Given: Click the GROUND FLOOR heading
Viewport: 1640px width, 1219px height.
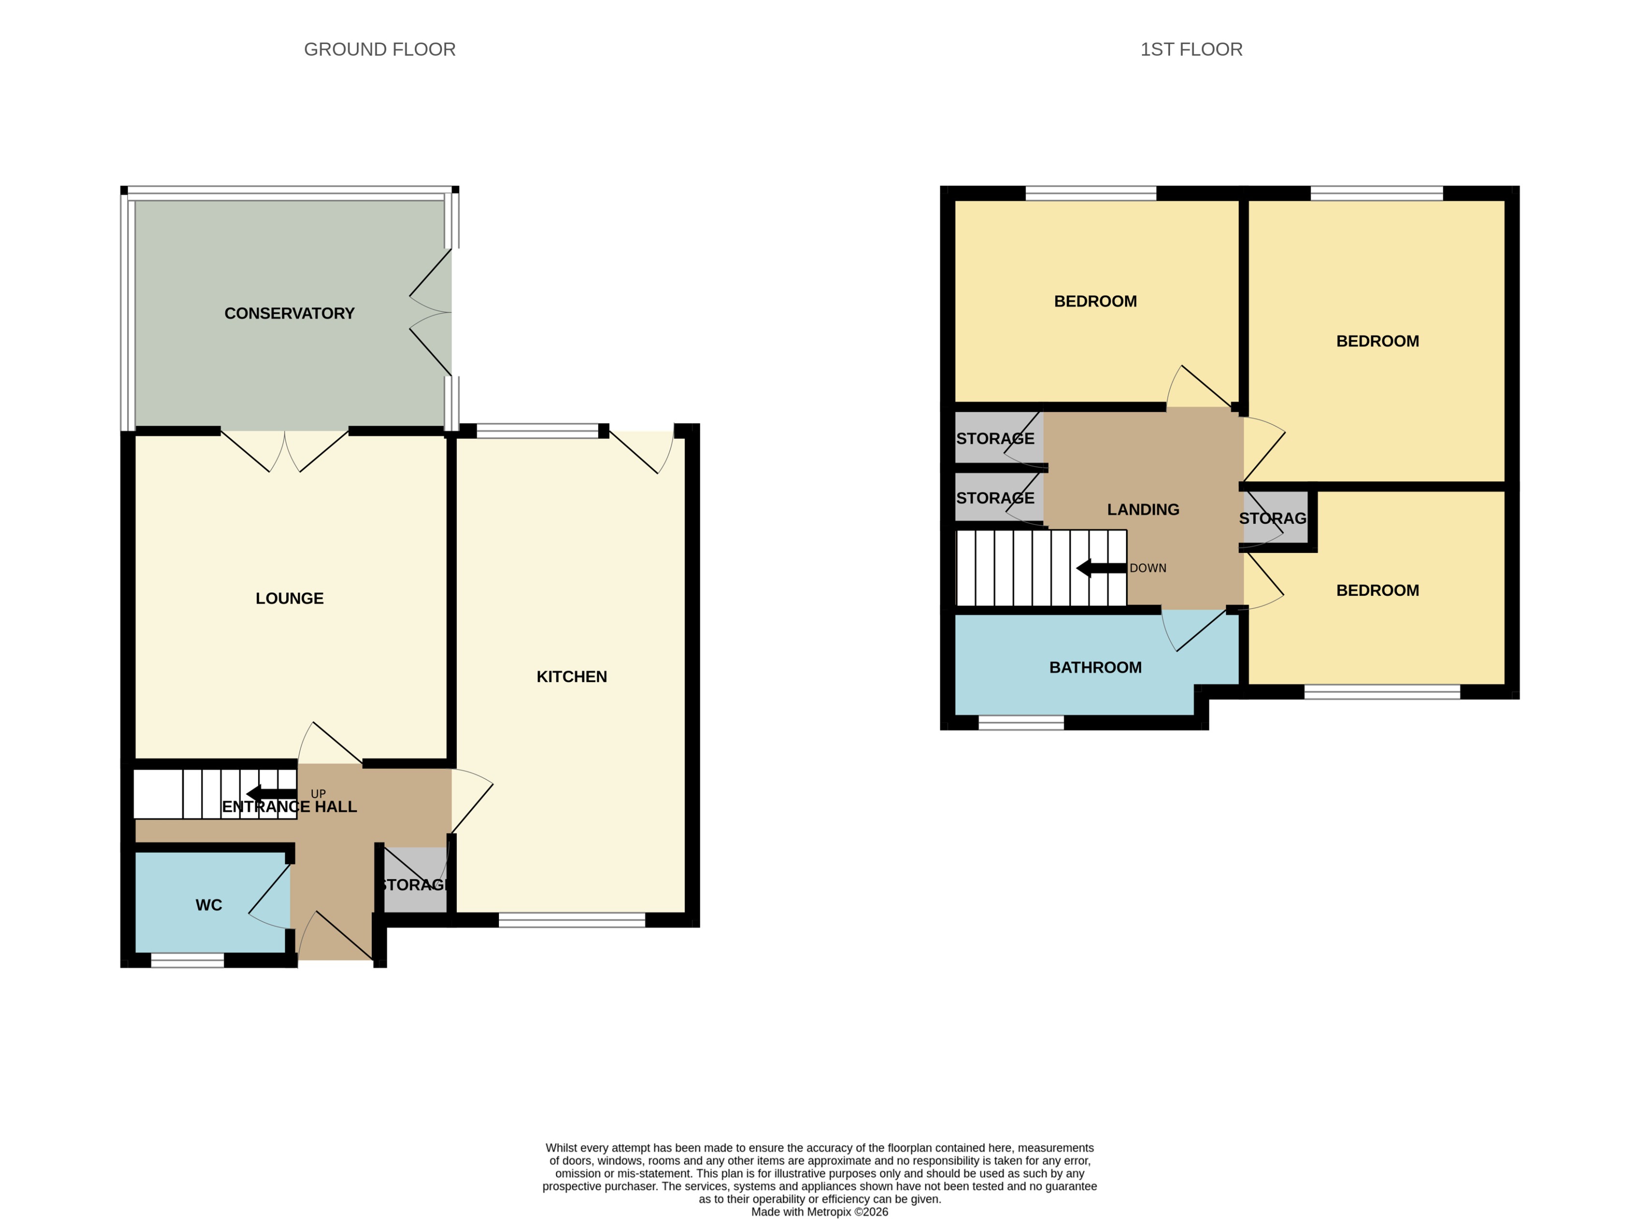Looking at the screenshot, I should (379, 49).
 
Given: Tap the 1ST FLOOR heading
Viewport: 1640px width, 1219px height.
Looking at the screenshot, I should (1191, 49).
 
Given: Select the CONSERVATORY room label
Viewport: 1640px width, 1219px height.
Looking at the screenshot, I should (289, 313).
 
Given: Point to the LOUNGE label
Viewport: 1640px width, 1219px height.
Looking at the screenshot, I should (289, 598).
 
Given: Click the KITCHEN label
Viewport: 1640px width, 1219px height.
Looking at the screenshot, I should (571, 677).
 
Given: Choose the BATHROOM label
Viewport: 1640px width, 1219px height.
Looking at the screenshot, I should (1095, 668).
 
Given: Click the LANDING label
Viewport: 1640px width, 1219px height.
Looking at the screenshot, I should (1143, 510).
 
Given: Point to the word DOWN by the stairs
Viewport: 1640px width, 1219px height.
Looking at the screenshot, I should (1147, 568).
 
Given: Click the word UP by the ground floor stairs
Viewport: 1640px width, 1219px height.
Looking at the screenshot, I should (318, 794).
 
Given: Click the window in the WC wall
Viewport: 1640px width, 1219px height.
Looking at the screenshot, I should (187, 960).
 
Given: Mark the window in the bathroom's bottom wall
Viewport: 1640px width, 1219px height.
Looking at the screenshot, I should (1021, 723).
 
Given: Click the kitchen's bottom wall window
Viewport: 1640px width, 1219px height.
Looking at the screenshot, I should (571, 920).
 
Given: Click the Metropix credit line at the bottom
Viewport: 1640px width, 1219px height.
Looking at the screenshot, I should (819, 1212).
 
